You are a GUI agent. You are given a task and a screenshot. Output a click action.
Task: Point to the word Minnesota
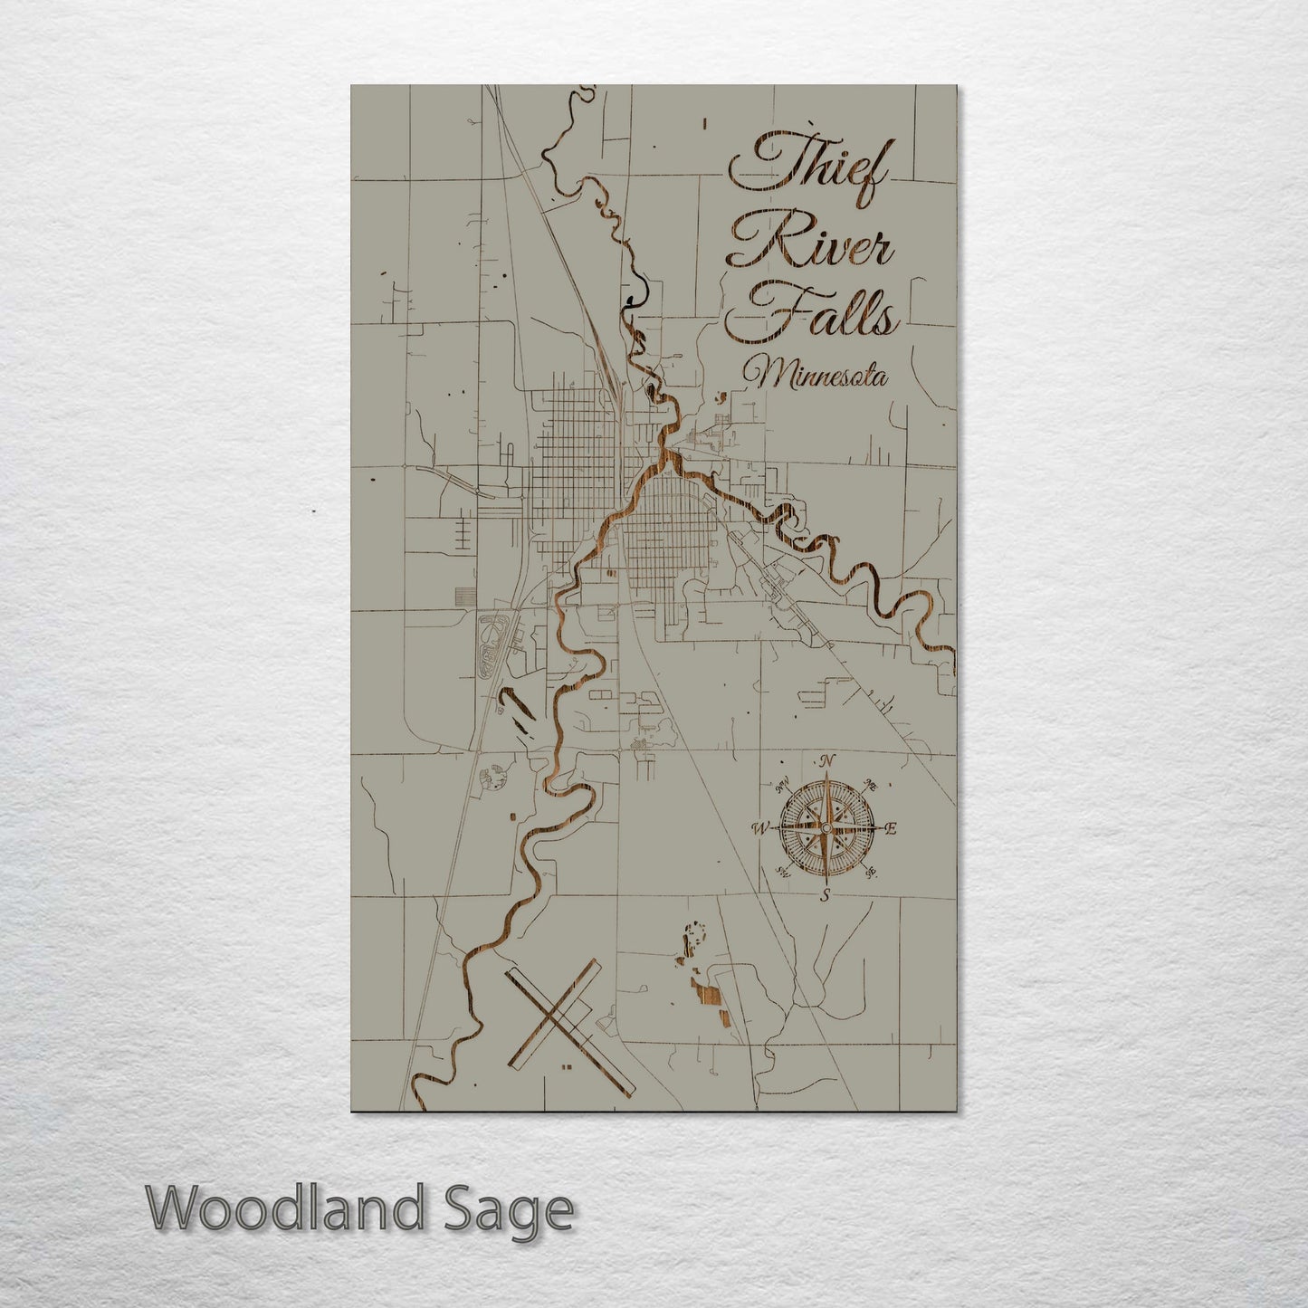[x=814, y=373]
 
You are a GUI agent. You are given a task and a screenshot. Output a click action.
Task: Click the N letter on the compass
[x=826, y=759]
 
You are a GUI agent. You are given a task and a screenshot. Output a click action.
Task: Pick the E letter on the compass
[x=890, y=827]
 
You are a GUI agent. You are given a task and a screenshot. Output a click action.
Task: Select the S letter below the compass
[x=825, y=896]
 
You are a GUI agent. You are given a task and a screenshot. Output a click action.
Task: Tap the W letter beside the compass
[x=761, y=827]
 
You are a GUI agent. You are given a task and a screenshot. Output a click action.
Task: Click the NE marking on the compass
[x=872, y=784]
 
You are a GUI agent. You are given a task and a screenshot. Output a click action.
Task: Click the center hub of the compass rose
[x=826, y=827]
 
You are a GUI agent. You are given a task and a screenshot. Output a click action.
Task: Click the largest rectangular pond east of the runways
[x=710, y=998]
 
